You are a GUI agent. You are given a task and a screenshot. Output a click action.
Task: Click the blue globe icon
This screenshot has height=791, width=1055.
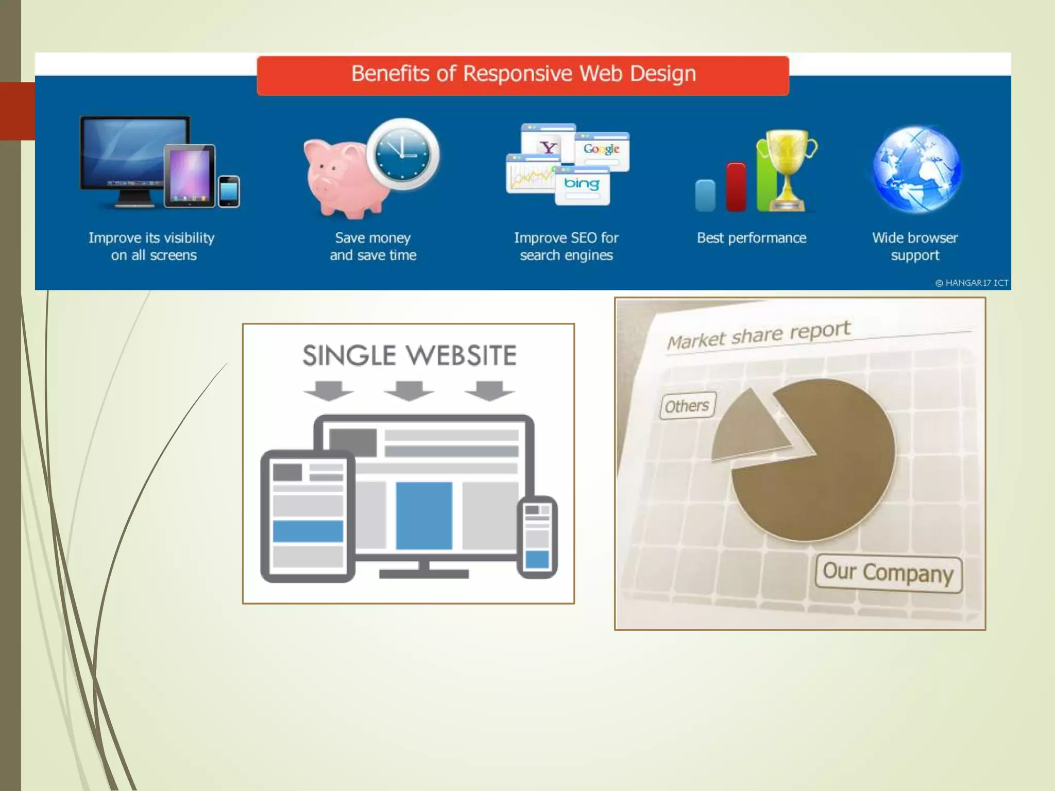point(916,169)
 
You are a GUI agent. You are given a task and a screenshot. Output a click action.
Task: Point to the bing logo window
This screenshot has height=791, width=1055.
point(582,185)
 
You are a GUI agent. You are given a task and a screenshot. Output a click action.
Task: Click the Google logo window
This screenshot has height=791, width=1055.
point(602,150)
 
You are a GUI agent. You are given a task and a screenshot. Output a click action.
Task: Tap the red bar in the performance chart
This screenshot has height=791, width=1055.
point(736,187)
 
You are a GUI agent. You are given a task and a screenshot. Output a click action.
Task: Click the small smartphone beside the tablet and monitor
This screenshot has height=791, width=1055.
point(229,192)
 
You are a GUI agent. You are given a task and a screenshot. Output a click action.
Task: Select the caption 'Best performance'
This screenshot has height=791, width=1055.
point(751,238)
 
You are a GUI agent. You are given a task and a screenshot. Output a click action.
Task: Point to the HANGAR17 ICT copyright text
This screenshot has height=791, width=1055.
point(972,283)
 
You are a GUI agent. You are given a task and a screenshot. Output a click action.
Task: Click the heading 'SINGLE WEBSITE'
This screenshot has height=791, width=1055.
point(409,355)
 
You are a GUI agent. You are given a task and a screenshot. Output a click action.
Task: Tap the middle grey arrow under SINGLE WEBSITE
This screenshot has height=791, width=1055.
point(409,391)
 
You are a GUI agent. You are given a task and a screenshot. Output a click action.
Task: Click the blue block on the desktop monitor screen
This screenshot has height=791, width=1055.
point(424,515)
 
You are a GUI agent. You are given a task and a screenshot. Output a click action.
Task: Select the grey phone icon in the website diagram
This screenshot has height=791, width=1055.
point(537,537)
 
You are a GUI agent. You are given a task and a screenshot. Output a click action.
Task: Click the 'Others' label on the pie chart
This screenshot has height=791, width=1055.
point(687,406)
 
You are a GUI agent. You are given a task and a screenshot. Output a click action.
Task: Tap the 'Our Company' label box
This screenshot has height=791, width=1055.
point(888,573)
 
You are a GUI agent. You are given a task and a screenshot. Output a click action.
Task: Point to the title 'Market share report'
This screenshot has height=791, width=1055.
point(758,335)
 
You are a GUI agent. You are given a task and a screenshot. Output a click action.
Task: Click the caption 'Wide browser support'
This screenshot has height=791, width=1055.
point(915,246)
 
